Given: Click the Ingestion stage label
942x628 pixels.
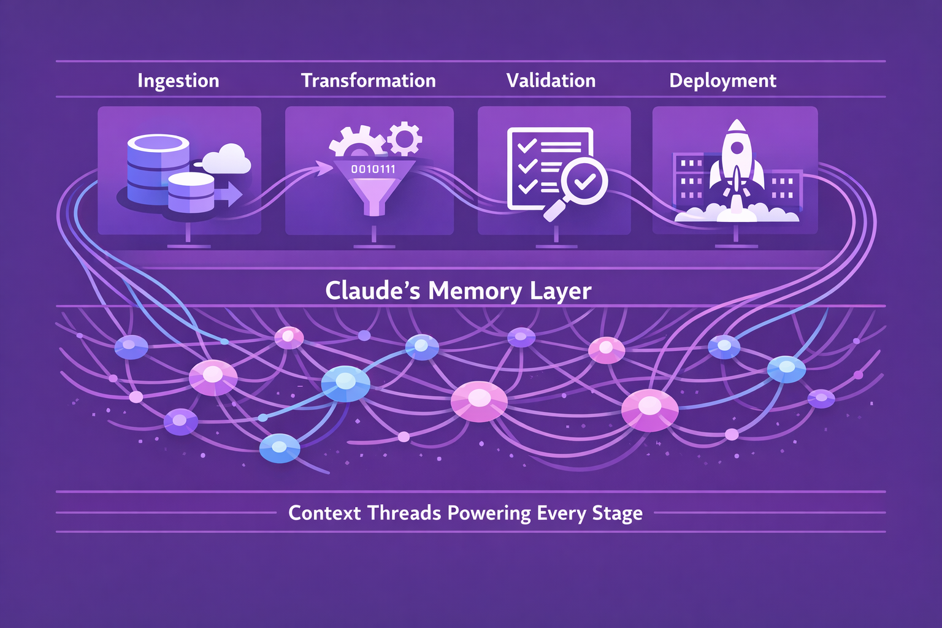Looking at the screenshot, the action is point(178,81).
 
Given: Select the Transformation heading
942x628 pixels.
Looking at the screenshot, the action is point(369,80).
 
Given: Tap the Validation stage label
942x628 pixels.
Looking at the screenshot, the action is point(551,80).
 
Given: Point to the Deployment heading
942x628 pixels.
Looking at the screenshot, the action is point(722,81).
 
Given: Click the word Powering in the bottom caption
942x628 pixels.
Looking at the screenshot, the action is point(488,513).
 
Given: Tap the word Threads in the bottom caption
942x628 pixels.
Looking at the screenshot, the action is point(404,513).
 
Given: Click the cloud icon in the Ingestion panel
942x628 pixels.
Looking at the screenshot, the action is point(226,159).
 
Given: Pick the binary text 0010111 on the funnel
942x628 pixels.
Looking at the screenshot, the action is point(373,169).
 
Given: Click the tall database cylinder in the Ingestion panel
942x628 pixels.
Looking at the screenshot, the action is point(158,169).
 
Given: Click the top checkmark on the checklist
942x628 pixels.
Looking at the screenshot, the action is point(527,146).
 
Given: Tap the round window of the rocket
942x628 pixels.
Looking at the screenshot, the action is point(737,148).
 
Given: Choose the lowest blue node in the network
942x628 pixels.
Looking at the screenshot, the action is point(280,448).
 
